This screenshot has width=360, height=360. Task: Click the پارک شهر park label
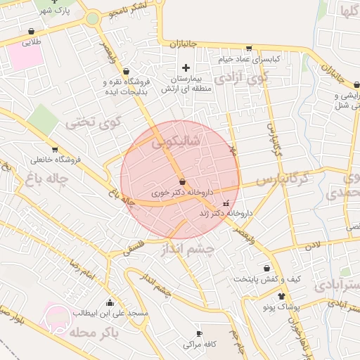(x=56, y=13)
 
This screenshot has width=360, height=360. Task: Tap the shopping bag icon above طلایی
(x=31, y=32)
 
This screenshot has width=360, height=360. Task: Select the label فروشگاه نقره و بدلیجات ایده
(x=126, y=86)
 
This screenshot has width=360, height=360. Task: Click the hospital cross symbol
(x=186, y=67)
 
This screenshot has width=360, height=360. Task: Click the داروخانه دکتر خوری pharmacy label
(x=182, y=191)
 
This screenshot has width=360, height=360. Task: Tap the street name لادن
(x=312, y=245)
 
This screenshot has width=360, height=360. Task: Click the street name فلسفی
(x=136, y=247)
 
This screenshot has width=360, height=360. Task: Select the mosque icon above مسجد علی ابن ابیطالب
(x=110, y=303)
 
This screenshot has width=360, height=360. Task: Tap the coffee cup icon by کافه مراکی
(x=199, y=333)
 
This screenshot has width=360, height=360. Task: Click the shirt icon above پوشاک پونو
(x=282, y=296)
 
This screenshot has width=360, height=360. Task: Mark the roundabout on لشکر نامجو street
(x=92, y=18)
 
